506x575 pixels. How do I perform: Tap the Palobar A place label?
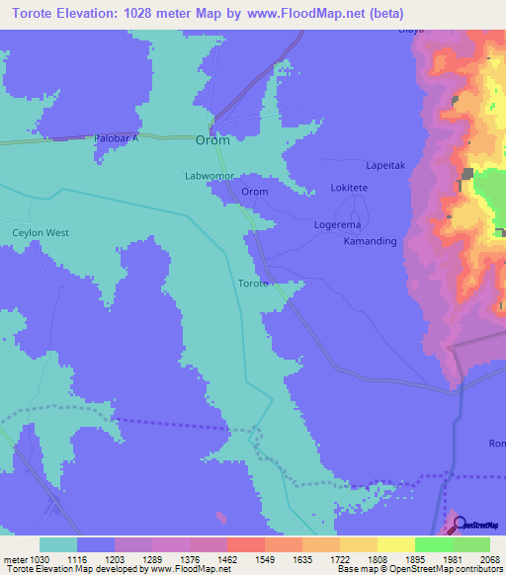coord(117,139)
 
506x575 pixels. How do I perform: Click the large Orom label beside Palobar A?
coord(212,140)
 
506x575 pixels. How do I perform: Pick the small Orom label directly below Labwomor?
coord(255,192)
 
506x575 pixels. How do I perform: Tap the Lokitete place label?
coord(349,188)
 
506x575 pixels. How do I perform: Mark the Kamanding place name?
coord(370,241)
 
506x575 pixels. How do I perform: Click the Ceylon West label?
coord(41,233)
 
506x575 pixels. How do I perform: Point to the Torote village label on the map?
coord(253,284)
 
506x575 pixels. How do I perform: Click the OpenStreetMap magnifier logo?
coord(457,525)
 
